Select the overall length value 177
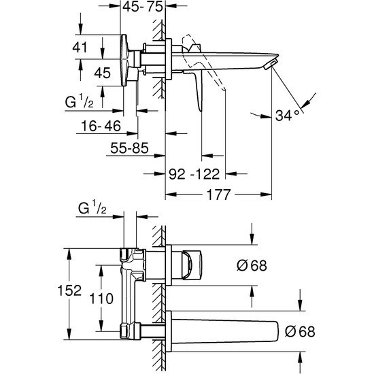pos(217,195)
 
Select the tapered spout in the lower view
pos(224,331)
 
